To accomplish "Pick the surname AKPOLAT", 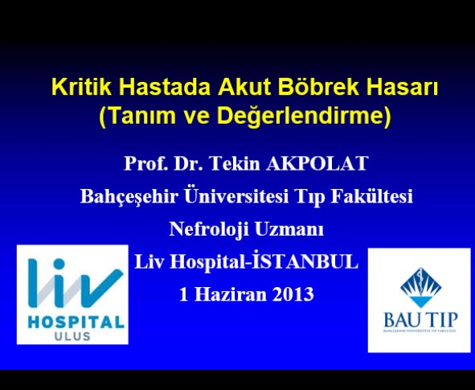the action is (317, 163).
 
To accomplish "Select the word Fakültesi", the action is (371, 196).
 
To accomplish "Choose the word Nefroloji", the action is (209, 229).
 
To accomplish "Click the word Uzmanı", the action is (289, 229).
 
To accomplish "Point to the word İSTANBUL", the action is (305, 261).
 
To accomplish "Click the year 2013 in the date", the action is (293, 294).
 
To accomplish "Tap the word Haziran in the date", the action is (230, 294).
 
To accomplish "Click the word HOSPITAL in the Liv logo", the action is (76, 322).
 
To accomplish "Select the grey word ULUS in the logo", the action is (72, 336).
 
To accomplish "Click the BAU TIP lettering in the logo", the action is (420, 319).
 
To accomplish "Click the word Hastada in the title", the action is (165, 87).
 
